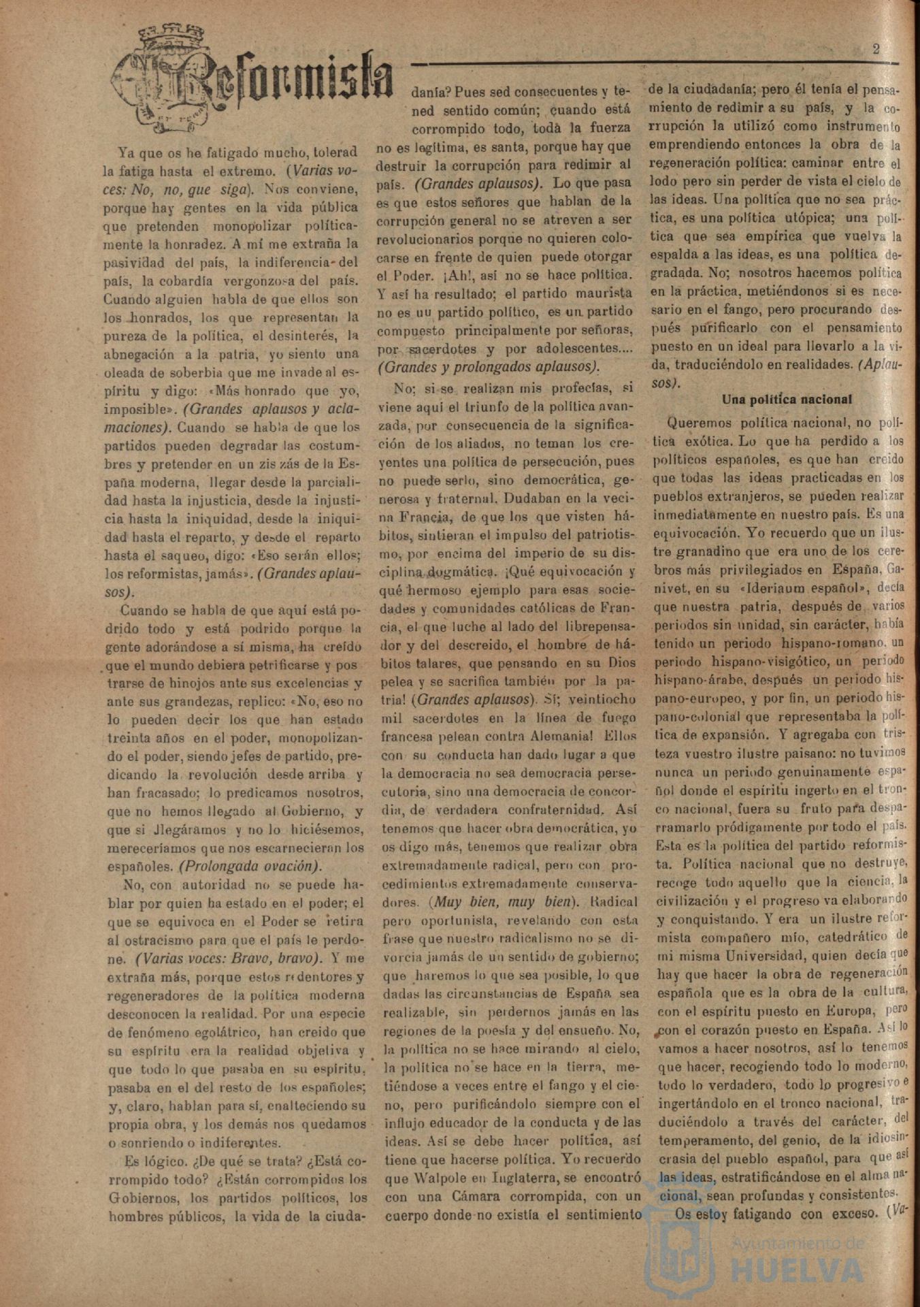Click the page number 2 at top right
click(x=876, y=48)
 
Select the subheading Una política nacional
click(x=787, y=400)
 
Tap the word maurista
click(x=606, y=293)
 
